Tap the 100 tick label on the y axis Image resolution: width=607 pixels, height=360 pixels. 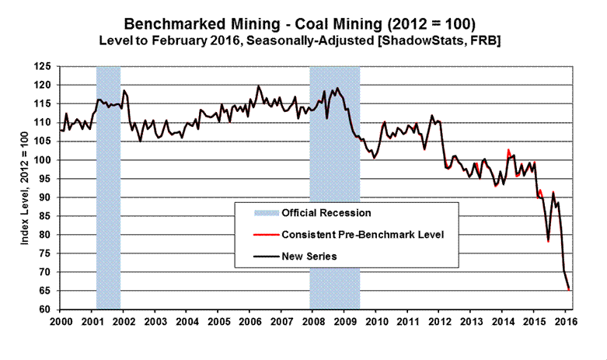(47, 160)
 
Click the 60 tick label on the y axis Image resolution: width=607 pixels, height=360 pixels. (49, 309)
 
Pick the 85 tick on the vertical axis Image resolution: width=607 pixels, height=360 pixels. (49, 216)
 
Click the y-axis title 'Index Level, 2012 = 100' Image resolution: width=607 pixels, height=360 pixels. (26, 188)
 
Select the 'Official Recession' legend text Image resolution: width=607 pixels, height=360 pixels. (326, 212)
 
